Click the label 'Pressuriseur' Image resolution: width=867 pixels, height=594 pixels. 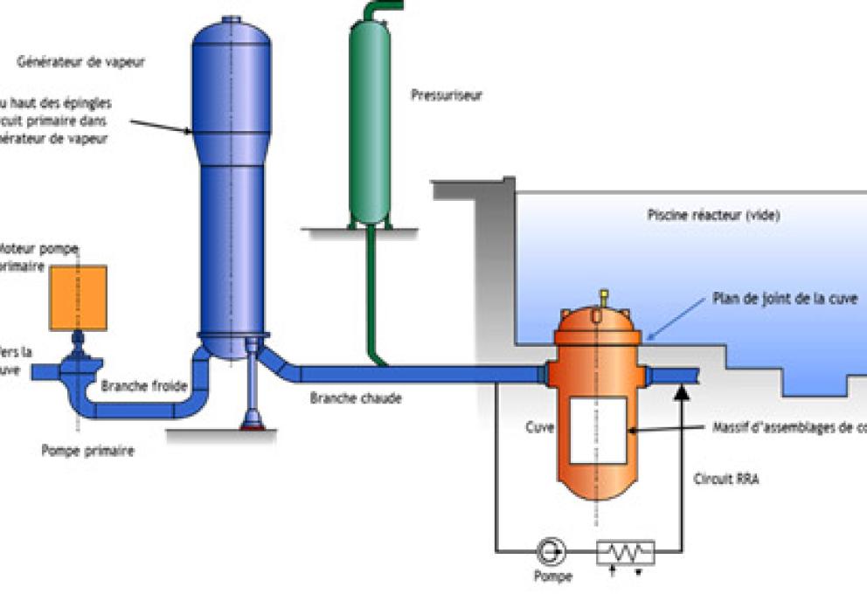(x=447, y=95)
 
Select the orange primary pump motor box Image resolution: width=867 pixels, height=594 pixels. (x=79, y=297)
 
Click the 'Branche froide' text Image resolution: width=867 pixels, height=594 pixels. (x=135, y=385)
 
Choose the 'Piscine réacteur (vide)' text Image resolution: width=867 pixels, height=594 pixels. (x=713, y=215)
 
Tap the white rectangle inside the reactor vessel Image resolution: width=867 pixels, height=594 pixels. (x=598, y=430)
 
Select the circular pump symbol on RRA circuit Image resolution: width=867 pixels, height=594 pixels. (x=552, y=550)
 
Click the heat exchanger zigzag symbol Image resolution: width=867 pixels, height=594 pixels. (x=626, y=551)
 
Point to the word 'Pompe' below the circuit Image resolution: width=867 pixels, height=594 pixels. (x=553, y=577)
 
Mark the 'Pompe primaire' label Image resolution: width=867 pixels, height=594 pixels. (x=87, y=451)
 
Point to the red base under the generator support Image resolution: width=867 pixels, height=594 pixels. (x=253, y=426)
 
